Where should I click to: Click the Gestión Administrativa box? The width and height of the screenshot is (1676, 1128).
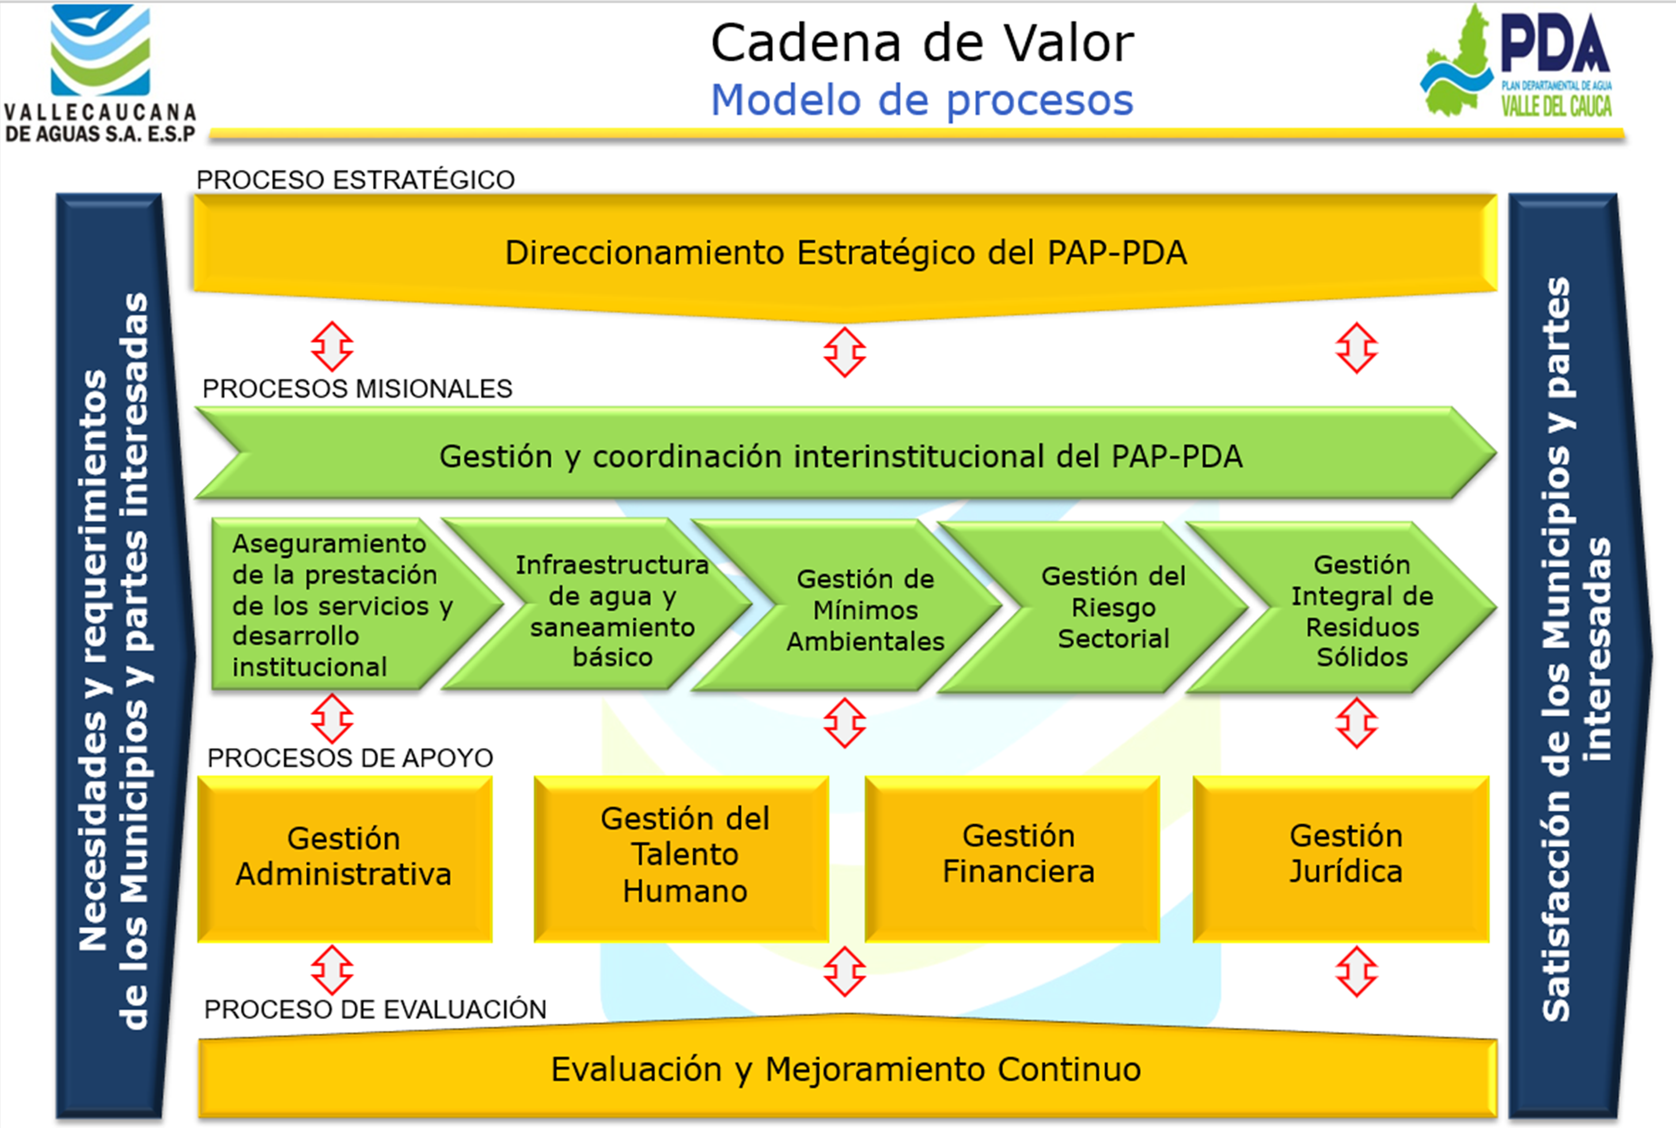pos(344,858)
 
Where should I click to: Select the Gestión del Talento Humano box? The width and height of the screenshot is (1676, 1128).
pos(681,858)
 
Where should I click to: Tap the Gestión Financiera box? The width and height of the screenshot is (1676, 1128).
pos(1013,858)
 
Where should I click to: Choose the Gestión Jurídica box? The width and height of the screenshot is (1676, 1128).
pos(1341,858)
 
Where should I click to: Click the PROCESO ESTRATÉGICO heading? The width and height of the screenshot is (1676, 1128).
pos(356,179)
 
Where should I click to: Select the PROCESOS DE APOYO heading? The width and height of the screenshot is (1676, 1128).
pos(350,758)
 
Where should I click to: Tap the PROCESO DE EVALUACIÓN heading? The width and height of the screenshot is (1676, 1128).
pos(376,1009)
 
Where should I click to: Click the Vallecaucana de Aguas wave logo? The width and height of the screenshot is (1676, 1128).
pos(101,50)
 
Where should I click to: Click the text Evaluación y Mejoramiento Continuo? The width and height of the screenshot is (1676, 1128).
pos(846,1069)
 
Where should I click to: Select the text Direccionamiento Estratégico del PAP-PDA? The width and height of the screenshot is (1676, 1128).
pos(846,252)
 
